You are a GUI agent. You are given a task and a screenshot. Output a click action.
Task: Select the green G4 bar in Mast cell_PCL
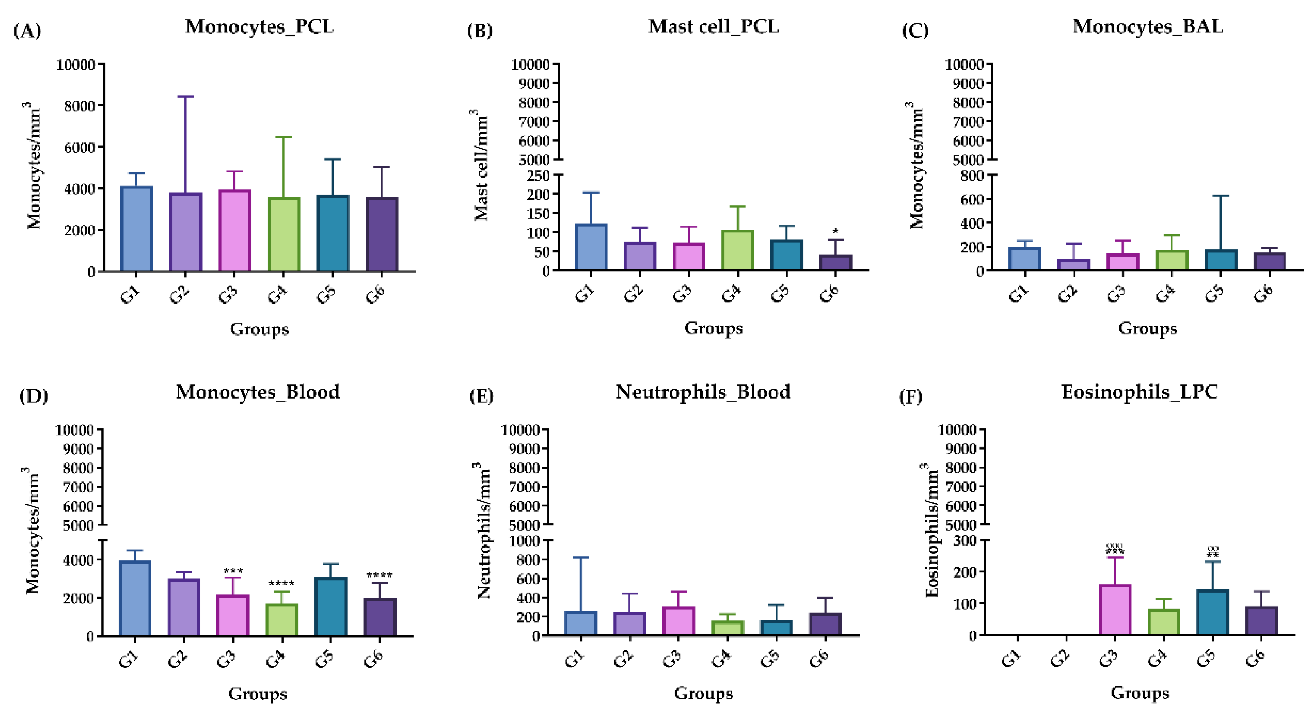738,250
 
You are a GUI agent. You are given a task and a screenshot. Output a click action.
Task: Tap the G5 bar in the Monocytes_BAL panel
1221,260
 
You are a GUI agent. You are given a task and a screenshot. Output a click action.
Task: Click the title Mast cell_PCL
713,27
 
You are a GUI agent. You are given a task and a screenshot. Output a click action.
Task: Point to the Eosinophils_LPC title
1139,392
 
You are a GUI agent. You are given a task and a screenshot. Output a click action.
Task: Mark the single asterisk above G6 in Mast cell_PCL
835,232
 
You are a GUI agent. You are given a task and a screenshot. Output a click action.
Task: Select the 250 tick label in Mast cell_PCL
539,176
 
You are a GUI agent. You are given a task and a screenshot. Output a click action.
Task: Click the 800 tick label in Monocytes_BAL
973,176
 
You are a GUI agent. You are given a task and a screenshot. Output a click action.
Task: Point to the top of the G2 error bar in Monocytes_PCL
185,97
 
